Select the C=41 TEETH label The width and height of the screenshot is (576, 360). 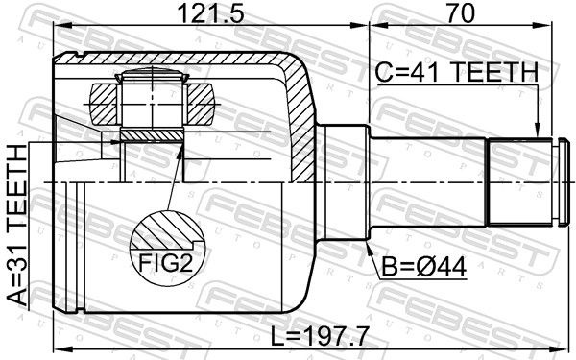pos(457,73)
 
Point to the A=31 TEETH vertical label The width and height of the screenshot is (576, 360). pos(17,226)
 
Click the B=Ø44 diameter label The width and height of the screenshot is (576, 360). pos(424,267)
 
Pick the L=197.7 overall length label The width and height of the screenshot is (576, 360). pos(320,337)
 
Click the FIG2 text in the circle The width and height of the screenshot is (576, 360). pos(166,263)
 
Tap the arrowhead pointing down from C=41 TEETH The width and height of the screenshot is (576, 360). pos(538,130)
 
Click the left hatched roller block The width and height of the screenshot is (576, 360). pos(104,104)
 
